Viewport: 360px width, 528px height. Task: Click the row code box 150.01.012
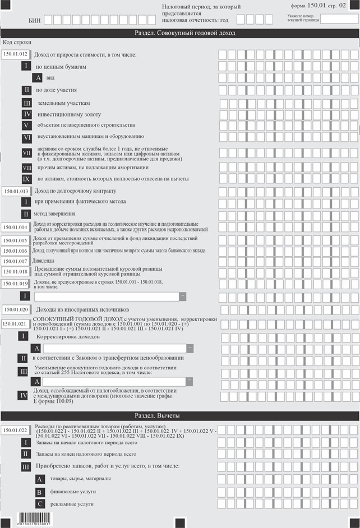pos(15,54)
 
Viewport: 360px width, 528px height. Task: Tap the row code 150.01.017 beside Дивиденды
pos(15,261)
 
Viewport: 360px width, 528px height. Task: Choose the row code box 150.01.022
pos(15,430)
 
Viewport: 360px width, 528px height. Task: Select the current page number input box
pos(339,18)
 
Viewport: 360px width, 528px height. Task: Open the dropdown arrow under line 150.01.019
pos(182,297)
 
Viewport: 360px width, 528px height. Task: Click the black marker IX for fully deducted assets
pos(26,179)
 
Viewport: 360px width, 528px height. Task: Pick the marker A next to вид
pos(39,78)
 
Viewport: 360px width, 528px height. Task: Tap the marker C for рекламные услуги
pos(39,504)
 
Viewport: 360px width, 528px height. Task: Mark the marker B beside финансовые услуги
pos(39,492)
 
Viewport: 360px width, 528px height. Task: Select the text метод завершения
pos(56,214)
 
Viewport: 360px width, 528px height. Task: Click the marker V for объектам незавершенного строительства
pos(26,125)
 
